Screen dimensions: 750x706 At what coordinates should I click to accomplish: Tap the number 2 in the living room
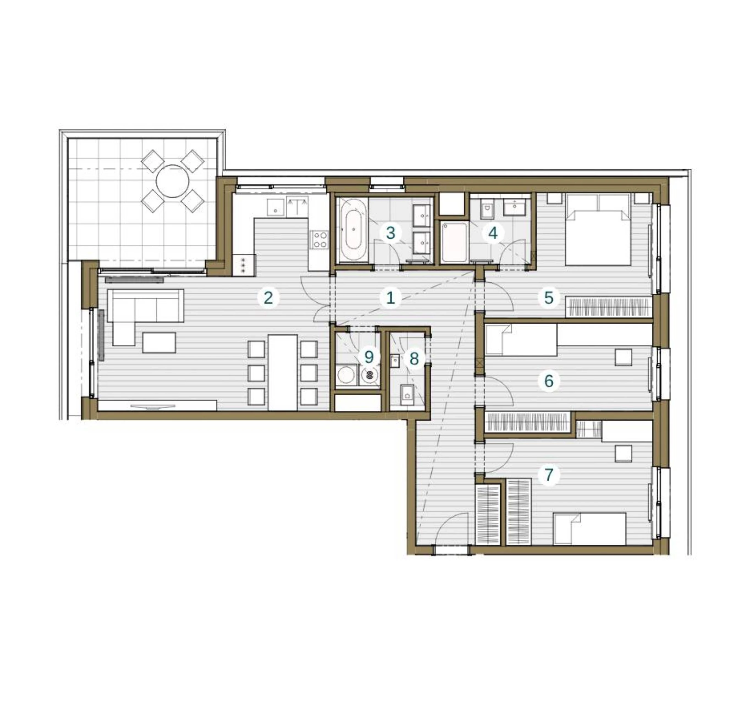268,298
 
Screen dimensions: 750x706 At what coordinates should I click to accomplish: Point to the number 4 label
493,233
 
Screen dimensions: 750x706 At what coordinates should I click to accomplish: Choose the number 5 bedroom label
549,298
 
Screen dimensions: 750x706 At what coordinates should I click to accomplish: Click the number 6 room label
549,381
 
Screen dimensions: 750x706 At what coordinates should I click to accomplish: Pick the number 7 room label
549,474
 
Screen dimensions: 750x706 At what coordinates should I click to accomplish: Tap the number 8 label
414,358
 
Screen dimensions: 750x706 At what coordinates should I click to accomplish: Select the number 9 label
369,357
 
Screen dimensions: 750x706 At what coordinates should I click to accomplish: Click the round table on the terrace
173,181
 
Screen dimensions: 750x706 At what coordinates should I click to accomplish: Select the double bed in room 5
598,229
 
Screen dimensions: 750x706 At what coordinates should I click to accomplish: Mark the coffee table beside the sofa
159,342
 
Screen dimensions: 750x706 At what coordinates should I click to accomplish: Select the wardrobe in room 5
608,307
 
